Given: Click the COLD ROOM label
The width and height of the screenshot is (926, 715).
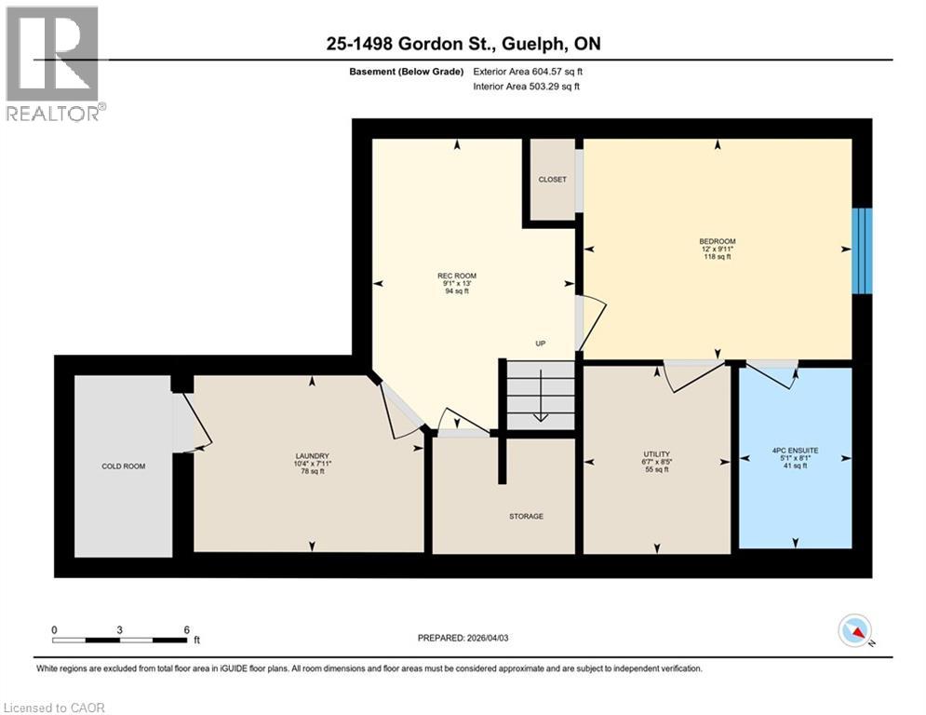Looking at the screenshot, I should [123, 465].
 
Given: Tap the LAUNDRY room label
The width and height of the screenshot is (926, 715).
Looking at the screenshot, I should [312, 456].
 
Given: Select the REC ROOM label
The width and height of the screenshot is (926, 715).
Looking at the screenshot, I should [456, 275].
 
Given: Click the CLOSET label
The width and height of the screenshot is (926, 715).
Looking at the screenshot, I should [552, 180].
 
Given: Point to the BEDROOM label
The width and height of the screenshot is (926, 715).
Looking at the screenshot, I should [718, 241].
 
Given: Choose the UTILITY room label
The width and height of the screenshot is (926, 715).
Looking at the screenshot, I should [656, 454].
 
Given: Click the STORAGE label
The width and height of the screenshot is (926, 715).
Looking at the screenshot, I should [526, 516].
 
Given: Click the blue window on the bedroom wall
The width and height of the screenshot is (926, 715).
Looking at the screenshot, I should [864, 250].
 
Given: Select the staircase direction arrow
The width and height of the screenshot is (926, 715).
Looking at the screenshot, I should [541, 400].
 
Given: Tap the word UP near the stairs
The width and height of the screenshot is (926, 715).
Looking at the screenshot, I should [540, 344].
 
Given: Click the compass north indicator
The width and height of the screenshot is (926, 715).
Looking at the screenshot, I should [854, 631].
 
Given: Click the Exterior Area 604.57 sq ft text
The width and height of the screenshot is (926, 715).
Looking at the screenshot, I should [529, 72].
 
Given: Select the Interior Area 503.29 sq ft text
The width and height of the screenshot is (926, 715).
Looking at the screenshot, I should [527, 87].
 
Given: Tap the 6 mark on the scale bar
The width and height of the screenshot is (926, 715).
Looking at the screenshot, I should [186, 630].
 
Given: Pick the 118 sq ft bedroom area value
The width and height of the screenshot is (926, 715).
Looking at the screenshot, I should [718, 257].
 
